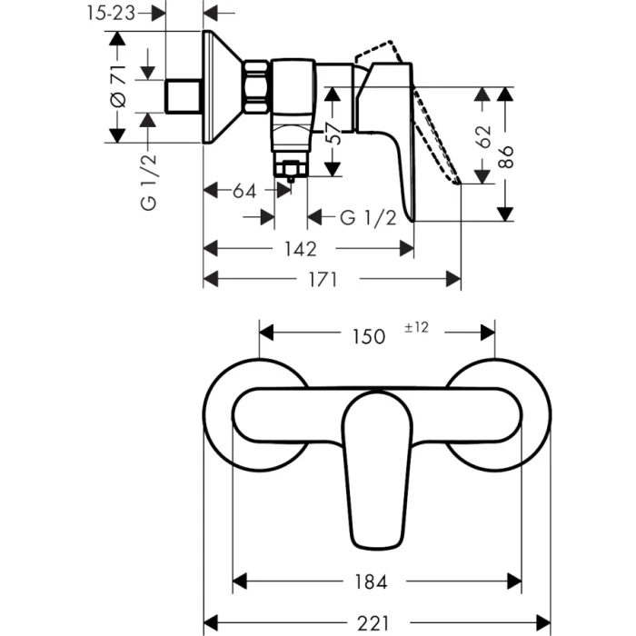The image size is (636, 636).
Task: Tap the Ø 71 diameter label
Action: click(x=116, y=87)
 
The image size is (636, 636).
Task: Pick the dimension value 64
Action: click(x=243, y=191)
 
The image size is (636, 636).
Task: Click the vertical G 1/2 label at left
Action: click(x=149, y=182)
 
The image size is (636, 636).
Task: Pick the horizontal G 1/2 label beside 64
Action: click(x=367, y=218)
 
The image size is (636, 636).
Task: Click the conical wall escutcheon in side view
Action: click(x=223, y=89)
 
